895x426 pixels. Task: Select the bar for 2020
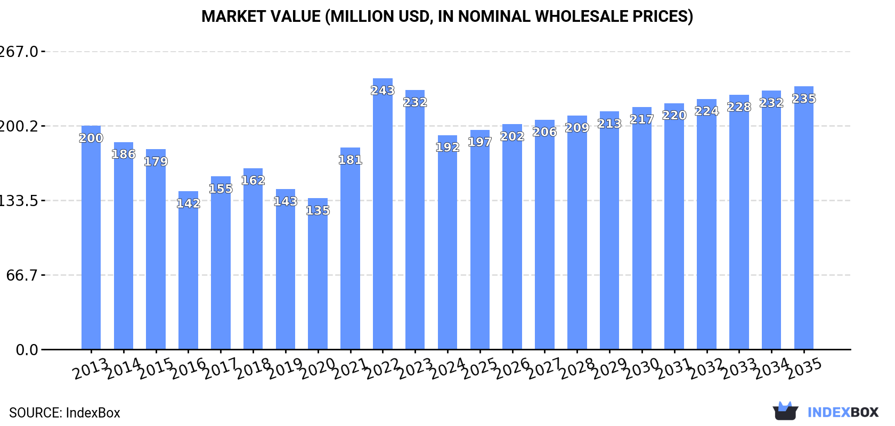318,277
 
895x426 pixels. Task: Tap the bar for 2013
91,240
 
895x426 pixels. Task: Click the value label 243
383,91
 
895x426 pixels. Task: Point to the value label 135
318,210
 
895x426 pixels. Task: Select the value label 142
188,203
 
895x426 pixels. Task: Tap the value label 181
350,160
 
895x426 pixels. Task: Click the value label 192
447,147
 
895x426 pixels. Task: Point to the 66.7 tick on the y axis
22,275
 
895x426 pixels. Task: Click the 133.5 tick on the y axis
18,201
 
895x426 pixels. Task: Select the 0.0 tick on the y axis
27,350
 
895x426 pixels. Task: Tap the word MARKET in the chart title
232,17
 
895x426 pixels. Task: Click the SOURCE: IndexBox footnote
64,413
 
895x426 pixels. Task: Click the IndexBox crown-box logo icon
785,411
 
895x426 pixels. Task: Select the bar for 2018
253,261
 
